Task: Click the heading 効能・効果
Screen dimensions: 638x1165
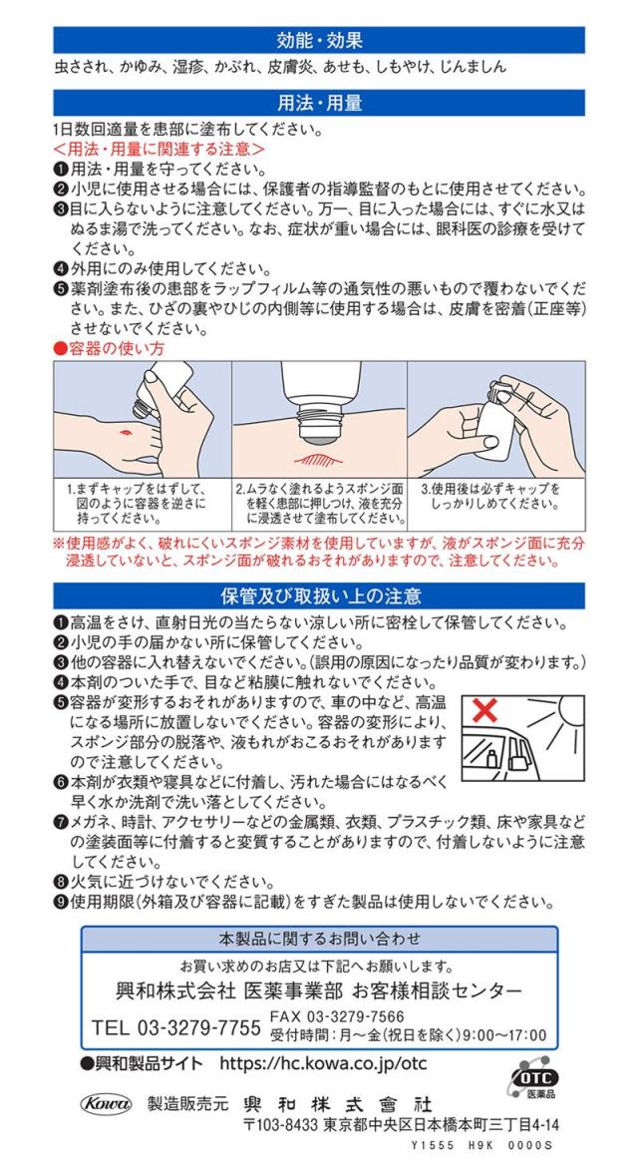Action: click(319, 39)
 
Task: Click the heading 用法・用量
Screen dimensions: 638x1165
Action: click(319, 103)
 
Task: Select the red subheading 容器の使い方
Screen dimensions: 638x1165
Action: click(110, 348)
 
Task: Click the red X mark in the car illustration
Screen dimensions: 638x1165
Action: click(484, 710)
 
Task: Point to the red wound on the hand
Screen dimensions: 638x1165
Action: click(124, 430)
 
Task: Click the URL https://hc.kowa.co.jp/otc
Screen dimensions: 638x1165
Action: click(323, 1063)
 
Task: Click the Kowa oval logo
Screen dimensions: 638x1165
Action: click(106, 1104)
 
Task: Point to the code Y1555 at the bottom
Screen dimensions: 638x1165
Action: click(427, 1146)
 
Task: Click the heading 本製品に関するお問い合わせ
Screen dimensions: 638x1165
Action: click(319, 940)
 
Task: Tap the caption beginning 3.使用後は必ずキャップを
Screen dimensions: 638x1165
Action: click(490, 497)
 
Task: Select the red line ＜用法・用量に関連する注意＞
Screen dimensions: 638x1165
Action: click(159, 147)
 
